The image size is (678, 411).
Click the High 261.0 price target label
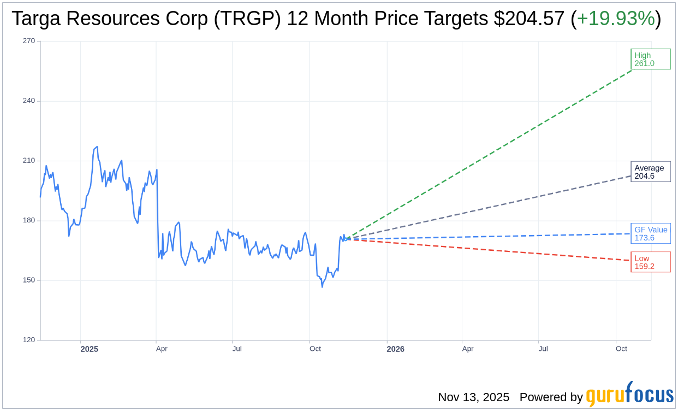(x=650, y=59)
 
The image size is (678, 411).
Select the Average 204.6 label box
(x=650, y=172)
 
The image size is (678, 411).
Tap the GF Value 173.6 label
(x=650, y=233)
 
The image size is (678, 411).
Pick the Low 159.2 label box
(x=650, y=262)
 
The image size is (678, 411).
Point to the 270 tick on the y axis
(x=28, y=41)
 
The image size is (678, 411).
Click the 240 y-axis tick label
(x=28, y=101)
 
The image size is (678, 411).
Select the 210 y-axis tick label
(x=28, y=161)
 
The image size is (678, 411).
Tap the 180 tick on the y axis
(x=28, y=220)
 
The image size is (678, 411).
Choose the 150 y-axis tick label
(x=28, y=280)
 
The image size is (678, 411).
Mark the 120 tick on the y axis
(x=28, y=340)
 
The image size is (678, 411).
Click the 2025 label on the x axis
(x=89, y=349)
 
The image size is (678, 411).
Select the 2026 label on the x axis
(x=395, y=349)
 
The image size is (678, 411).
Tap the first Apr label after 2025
(x=162, y=349)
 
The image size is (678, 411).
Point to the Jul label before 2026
(x=237, y=349)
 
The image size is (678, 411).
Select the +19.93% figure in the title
(x=615, y=19)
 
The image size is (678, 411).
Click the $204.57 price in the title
(x=528, y=19)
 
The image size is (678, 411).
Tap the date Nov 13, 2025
(x=473, y=397)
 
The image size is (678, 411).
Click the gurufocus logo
(x=629, y=395)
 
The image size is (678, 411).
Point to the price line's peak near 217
(x=97, y=146)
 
